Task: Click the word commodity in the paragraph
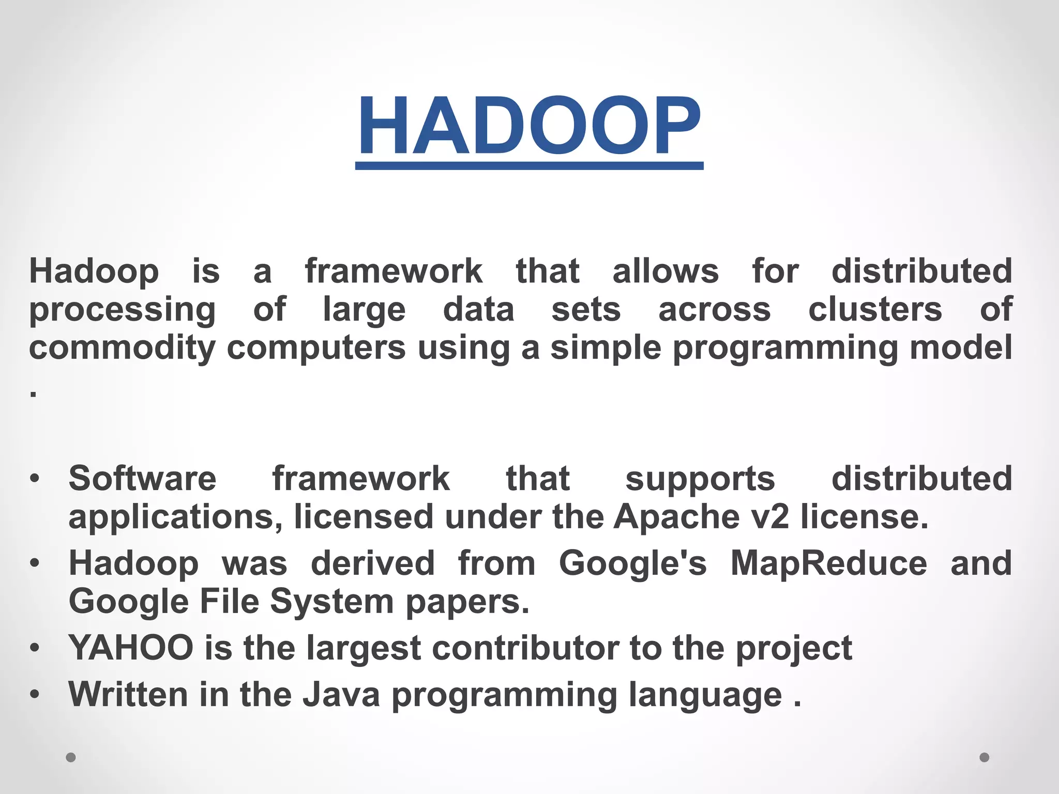(122, 348)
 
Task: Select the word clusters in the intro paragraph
(875, 310)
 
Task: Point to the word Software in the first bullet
(142, 478)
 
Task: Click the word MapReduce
(828, 563)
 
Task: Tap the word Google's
(632, 563)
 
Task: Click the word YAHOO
(131, 648)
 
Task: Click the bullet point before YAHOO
(34, 648)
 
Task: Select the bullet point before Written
(34, 694)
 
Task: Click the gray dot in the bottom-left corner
(71, 757)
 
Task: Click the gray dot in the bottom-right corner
(985, 757)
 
